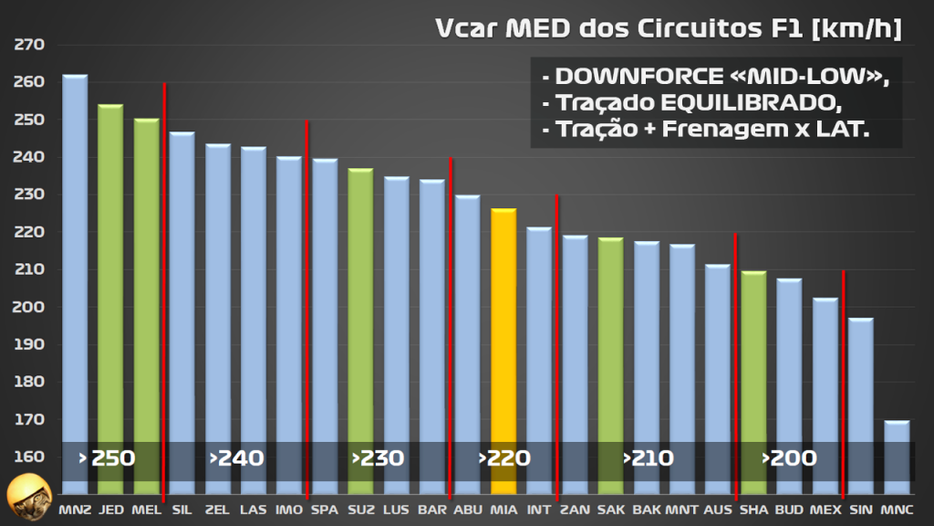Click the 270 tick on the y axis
click(30, 44)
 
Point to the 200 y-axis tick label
click(30, 307)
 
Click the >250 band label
click(107, 458)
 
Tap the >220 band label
click(504, 458)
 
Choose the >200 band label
click(789, 458)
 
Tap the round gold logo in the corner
click(26, 498)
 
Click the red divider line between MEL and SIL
click(164, 274)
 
